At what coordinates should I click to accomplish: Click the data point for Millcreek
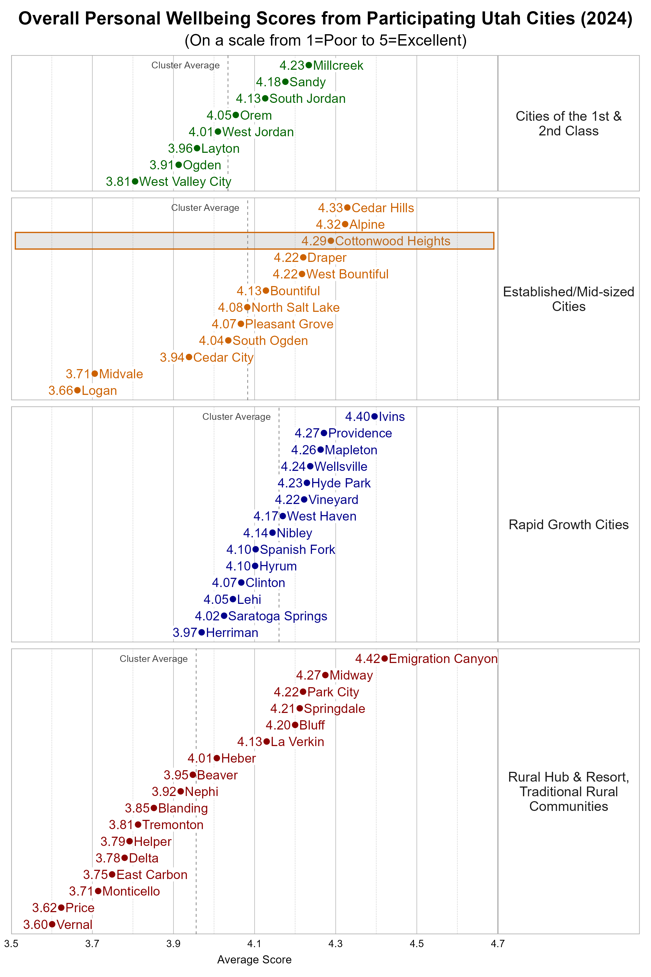coord(308,65)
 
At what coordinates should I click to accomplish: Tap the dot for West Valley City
coord(135,182)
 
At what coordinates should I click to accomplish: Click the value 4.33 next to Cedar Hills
coord(330,208)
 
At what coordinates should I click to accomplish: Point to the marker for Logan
coord(77,391)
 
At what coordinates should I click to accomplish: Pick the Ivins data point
coord(375,416)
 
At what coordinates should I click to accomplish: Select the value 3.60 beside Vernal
coord(35,925)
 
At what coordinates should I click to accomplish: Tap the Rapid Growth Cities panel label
coord(568,525)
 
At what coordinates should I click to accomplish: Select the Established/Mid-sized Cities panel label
coord(568,299)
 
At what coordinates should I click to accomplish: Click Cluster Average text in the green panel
coord(185,65)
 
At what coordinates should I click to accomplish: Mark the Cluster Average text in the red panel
coord(154,659)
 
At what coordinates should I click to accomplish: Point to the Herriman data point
coord(202,632)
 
